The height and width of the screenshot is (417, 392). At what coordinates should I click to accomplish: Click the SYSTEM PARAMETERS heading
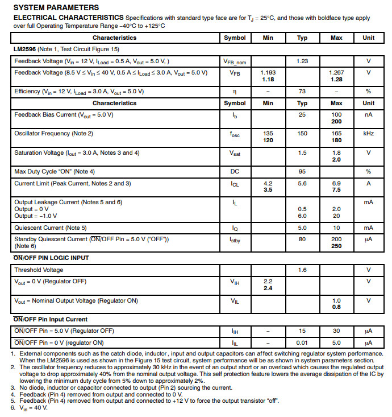(56, 7)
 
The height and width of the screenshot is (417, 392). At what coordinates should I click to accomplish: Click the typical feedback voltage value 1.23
(302, 61)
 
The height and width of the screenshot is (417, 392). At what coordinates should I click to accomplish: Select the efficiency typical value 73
(302, 92)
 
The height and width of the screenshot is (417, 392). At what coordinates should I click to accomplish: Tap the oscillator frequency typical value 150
(302, 134)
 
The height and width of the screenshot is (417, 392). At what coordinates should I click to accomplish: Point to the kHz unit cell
(368, 134)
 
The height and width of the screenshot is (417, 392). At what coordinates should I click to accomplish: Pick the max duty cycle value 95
(302, 171)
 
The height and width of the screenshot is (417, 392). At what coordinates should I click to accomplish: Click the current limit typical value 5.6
(302, 184)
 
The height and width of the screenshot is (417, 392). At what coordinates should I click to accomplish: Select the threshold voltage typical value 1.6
(302, 270)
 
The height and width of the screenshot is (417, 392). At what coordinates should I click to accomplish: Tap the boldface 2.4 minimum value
(268, 288)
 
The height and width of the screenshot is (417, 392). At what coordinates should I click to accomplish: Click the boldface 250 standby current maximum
(336, 246)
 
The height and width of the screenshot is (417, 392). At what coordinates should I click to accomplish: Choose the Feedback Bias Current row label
(64, 114)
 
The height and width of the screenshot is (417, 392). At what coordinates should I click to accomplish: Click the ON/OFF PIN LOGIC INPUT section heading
(51, 258)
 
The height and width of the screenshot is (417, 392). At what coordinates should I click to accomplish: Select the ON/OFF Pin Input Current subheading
(50, 320)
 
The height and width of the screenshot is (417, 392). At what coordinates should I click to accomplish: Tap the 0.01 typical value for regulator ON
(302, 342)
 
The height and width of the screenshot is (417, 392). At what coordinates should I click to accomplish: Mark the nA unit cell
(368, 114)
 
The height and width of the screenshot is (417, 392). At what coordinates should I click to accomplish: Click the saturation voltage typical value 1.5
(302, 152)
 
